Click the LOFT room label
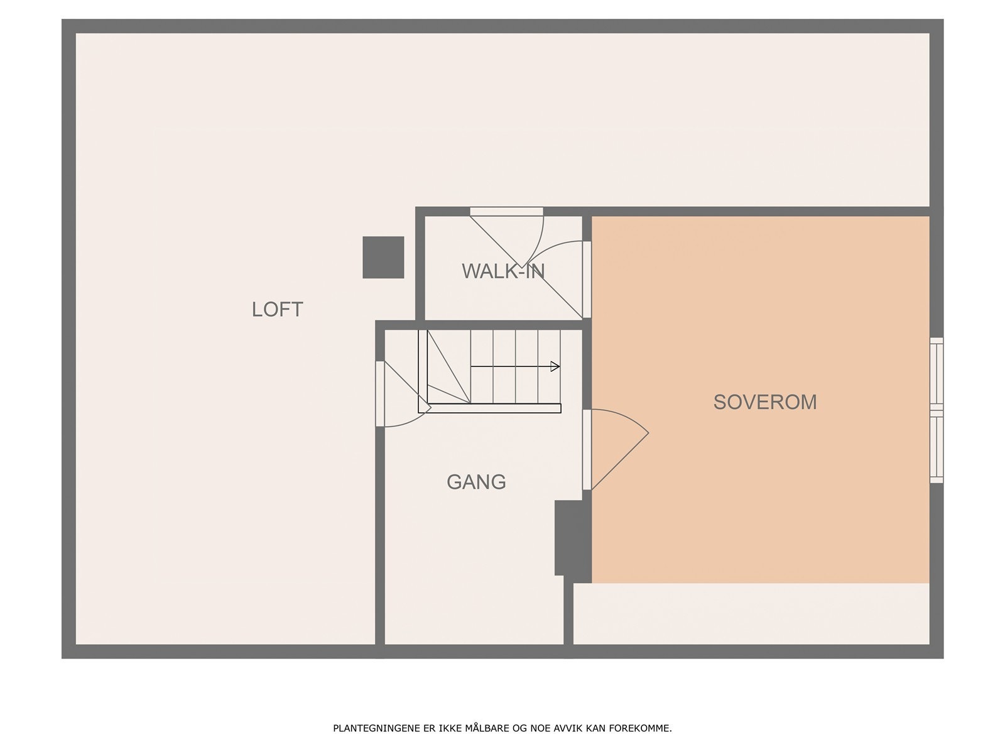277,309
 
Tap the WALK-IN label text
503,271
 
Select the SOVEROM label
764,402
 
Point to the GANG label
476,482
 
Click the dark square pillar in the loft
383,257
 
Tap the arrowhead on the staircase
555,366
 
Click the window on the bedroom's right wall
936,410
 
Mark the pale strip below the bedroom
751,613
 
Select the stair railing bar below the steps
493,408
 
